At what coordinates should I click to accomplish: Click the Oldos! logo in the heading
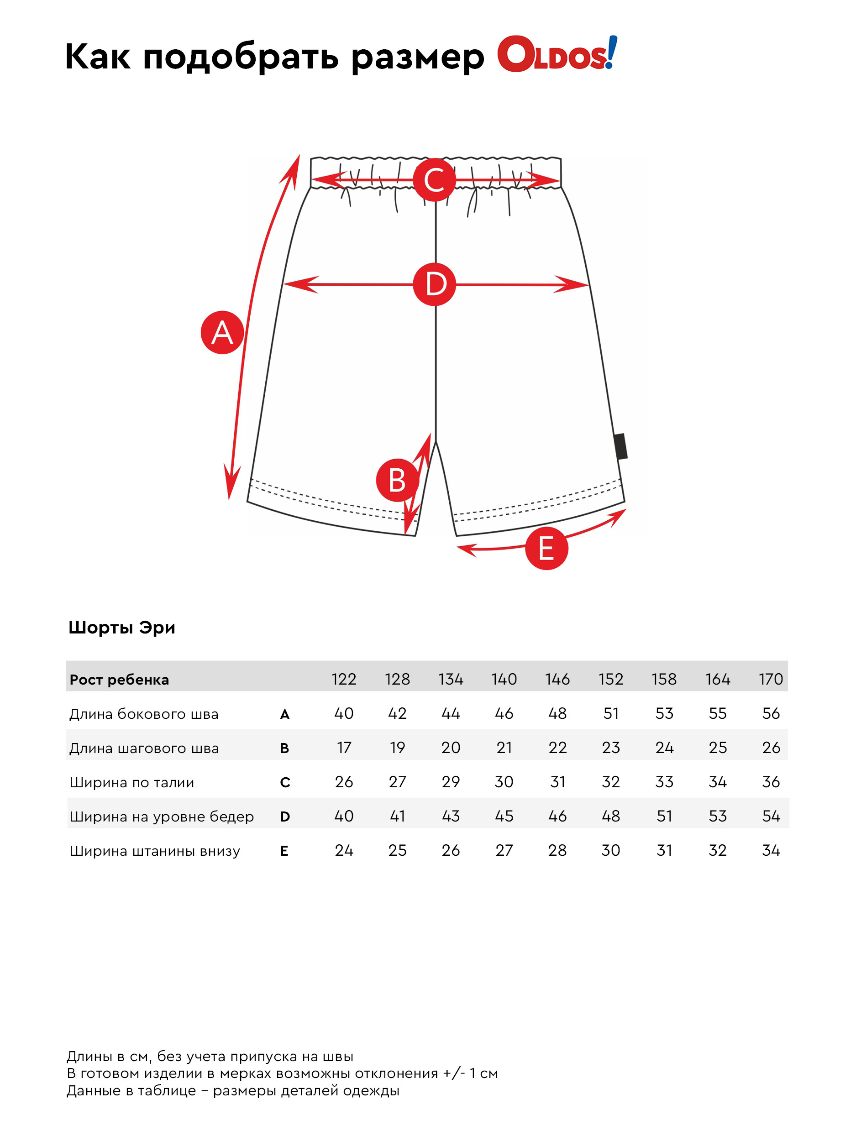click(557, 54)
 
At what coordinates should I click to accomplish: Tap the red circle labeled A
click(222, 333)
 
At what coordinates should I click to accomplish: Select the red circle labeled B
click(397, 480)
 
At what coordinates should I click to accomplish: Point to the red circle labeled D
click(435, 284)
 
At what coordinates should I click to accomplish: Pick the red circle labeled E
click(546, 548)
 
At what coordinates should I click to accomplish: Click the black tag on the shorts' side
click(621, 446)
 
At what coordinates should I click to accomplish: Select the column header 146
click(557, 679)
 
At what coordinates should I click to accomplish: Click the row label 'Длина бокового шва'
click(144, 714)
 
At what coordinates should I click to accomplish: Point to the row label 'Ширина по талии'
click(131, 783)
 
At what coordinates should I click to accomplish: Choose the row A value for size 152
click(611, 713)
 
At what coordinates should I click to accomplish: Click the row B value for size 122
click(344, 748)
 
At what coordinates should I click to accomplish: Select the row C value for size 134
click(451, 782)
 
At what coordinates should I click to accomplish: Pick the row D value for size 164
click(717, 816)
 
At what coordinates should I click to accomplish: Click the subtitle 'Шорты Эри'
click(122, 628)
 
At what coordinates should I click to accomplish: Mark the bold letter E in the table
click(284, 851)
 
